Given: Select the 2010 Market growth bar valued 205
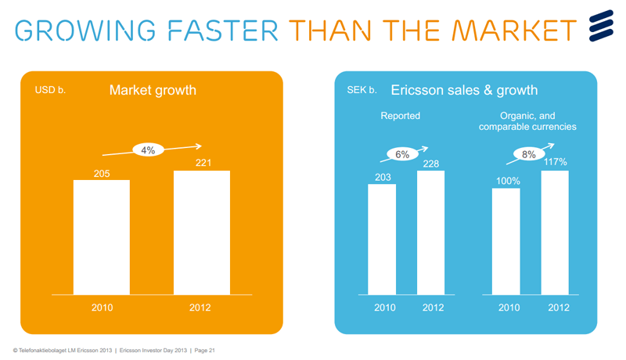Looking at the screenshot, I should pos(102,237).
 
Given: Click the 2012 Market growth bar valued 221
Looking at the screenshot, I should pos(201,232).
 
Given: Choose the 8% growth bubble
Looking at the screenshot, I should pos(529,155).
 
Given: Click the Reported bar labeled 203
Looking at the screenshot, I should pos(382,239).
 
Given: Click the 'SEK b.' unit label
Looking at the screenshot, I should pos(362,91).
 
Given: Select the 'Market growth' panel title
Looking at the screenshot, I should pos(153,91).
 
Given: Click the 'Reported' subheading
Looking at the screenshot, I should pos(400,116).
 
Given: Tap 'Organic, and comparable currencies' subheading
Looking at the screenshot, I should pos(528,121).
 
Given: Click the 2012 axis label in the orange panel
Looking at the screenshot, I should pos(200,308).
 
